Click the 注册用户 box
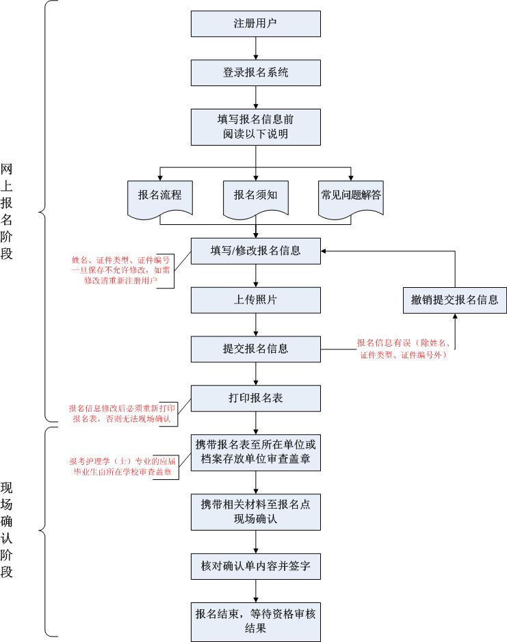click(x=255, y=24)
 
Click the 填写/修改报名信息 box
click(x=255, y=250)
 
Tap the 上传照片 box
click(x=255, y=299)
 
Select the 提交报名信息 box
click(x=255, y=349)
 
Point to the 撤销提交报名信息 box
click(x=454, y=299)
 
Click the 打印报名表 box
click(x=255, y=399)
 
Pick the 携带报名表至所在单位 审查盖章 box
click(x=255, y=451)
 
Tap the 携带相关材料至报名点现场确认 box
click(x=255, y=511)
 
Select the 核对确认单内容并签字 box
click(x=255, y=566)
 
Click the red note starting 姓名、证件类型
click(x=120, y=270)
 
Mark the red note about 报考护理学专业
click(x=120, y=466)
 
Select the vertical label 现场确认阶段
click(x=8, y=531)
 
